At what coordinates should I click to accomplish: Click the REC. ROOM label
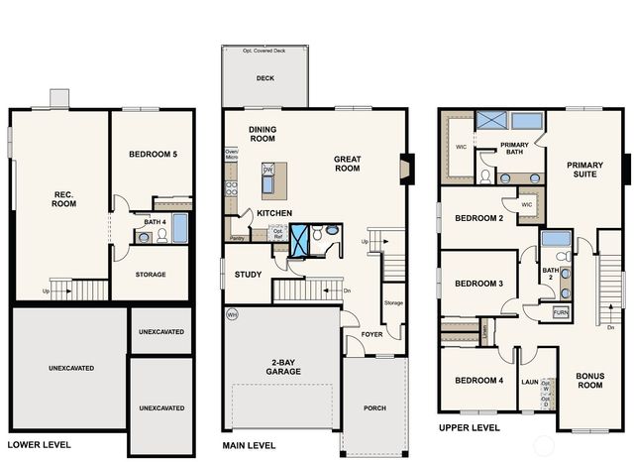pos(63,198)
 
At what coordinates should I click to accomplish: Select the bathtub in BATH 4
pos(179,228)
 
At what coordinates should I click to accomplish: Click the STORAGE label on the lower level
pos(151,275)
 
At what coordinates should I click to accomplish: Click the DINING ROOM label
pos(263,134)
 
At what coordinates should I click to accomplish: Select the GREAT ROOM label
pos(347,165)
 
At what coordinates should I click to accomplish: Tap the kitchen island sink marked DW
pos(267,172)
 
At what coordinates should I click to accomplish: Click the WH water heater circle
pos(232,314)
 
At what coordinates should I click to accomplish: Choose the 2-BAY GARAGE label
pos(283,367)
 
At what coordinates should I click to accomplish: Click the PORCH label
pos(374,407)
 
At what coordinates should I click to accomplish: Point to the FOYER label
pos(371,334)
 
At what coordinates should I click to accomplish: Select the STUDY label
pos(248,275)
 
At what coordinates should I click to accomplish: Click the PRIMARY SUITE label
pos(584,171)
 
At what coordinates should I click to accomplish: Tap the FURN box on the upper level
pos(561,312)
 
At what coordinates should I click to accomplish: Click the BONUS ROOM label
pos(590,381)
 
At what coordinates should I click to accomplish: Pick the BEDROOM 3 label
pos(478,284)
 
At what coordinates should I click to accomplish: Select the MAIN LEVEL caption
pos(250,445)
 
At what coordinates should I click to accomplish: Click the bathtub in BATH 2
pos(556,239)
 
